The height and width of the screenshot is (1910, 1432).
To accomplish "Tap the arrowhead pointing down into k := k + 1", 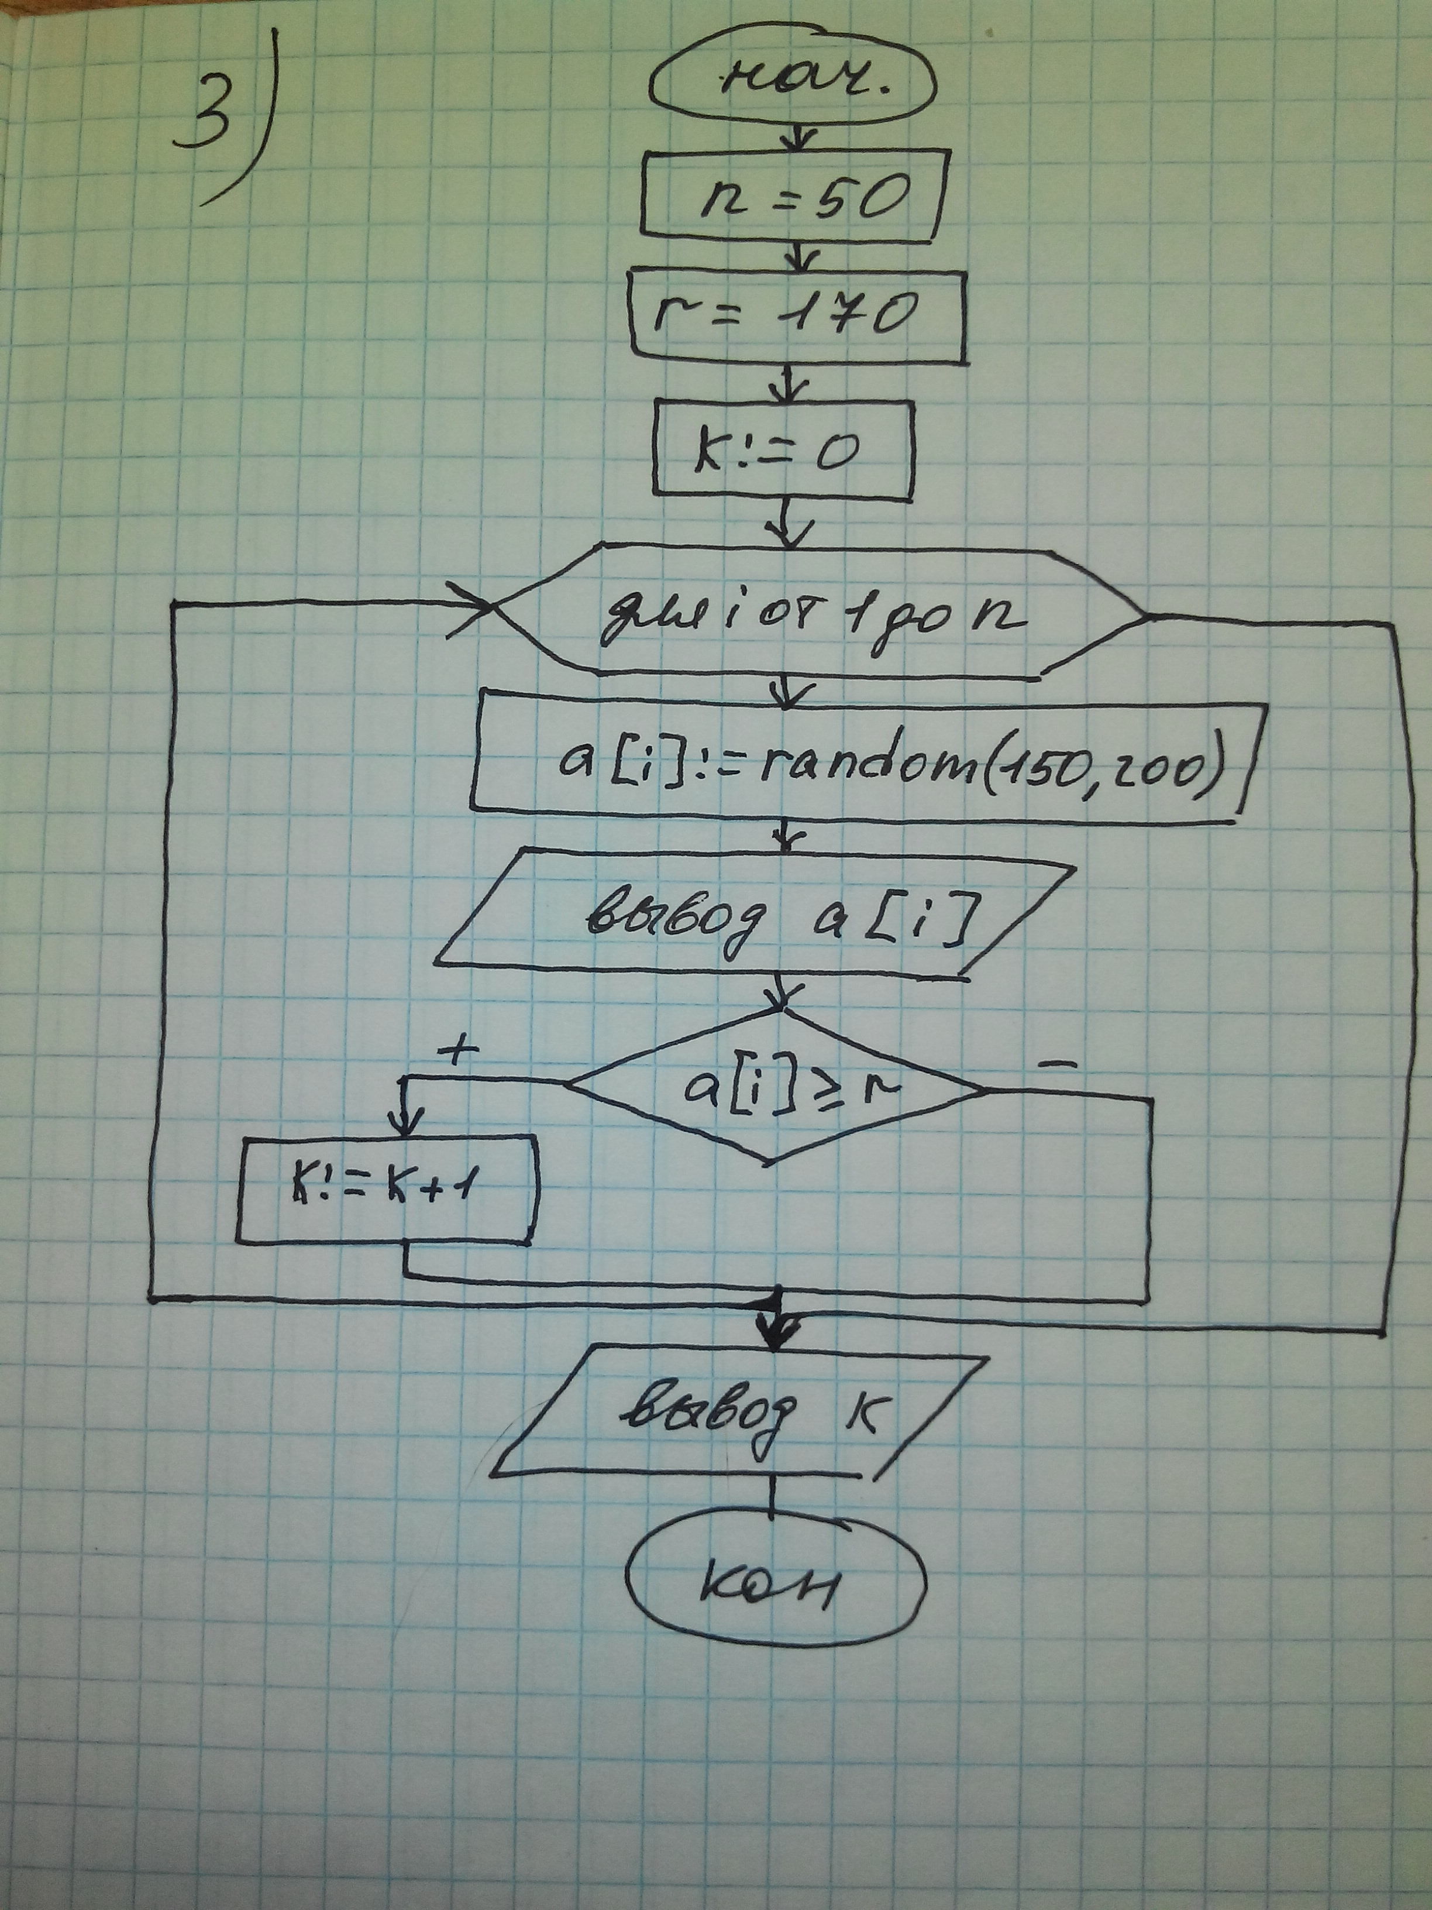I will pyautogui.click(x=404, y=1122).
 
